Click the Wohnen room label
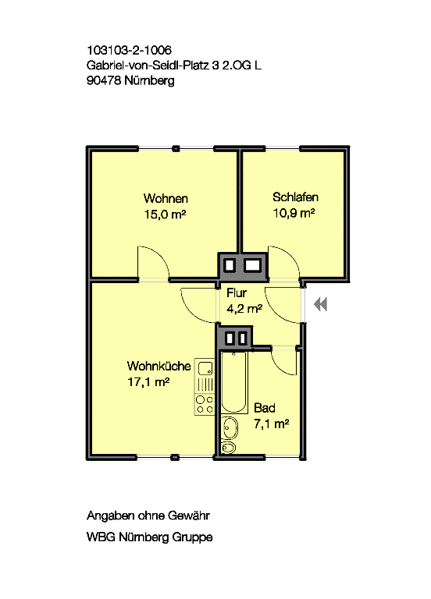pos(166,198)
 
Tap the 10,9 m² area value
pos(294,213)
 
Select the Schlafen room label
pos(295,197)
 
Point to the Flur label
pos(237,293)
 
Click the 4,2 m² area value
pos(244,308)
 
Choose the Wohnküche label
pos(159,366)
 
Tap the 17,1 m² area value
pos(148,381)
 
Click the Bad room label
pos(264,408)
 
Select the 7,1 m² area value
pos(271,424)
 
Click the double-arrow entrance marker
pos(320,304)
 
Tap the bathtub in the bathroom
pos(234,381)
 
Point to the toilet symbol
pos(228,447)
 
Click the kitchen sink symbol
pos(205,368)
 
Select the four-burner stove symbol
pos(205,405)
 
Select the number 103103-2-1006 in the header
pos(130,50)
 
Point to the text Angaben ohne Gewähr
pos(148,516)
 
